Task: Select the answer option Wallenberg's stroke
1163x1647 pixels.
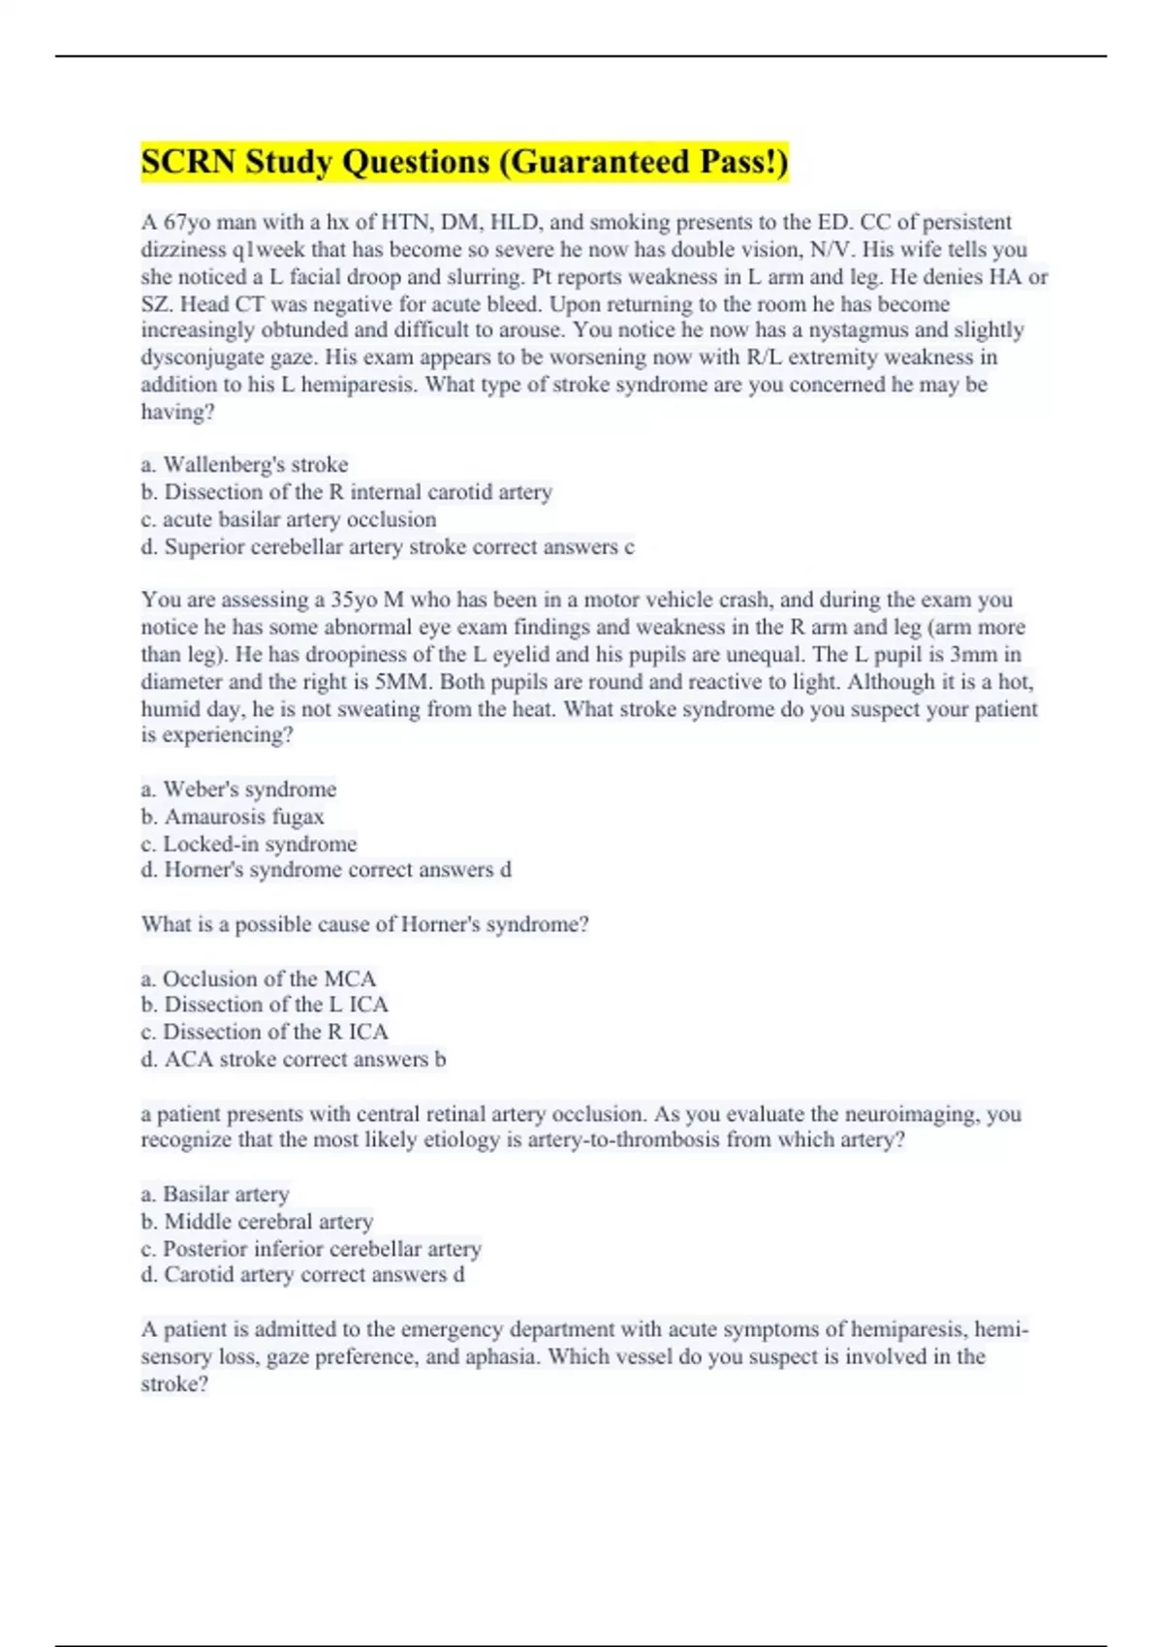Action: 255,465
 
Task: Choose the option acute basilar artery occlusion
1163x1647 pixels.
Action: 299,519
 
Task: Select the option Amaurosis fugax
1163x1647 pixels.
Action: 243,817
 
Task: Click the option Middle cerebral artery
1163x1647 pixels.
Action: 267,1222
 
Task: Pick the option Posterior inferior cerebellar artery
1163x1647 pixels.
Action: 321,1249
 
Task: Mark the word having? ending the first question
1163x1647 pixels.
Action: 177,412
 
